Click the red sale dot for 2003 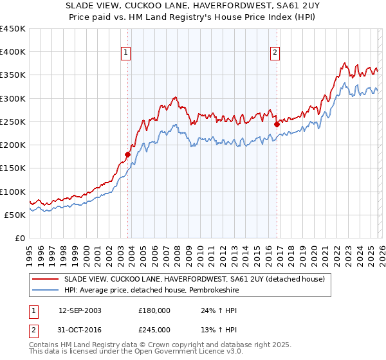tap(127, 154)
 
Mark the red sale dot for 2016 tap(277, 124)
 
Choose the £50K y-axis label tap(15, 215)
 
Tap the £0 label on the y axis tap(21, 238)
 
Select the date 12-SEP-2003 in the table tap(80, 310)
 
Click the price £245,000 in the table tap(154, 329)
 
